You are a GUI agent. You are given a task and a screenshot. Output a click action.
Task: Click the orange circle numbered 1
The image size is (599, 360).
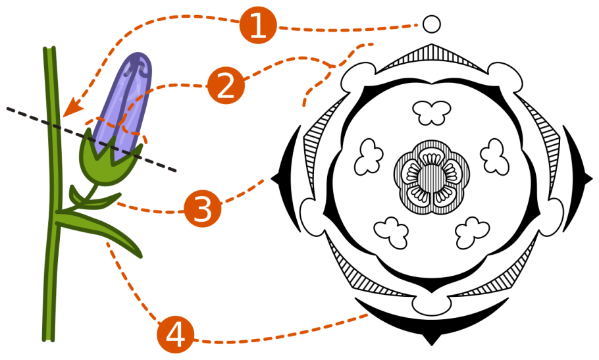[x=258, y=26]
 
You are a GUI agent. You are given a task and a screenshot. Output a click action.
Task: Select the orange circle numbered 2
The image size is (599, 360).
[x=226, y=86]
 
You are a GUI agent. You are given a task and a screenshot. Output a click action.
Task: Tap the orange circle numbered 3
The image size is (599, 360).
[x=203, y=209]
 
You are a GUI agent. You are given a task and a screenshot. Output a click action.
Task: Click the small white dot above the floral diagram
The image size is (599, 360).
[x=432, y=24]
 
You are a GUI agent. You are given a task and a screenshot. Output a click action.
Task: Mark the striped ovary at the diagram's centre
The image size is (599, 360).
[x=432, y=178]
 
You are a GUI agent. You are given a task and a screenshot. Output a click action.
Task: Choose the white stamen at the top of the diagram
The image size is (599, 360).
[x=432, y=112]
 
